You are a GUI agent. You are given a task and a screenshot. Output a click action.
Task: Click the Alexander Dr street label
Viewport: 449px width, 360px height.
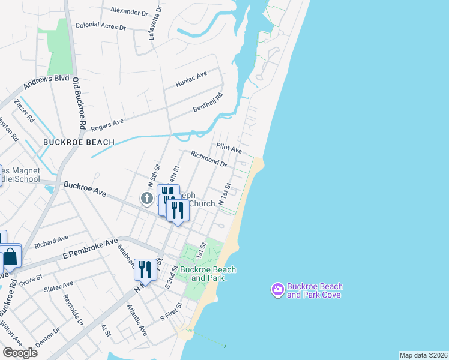[129, 11]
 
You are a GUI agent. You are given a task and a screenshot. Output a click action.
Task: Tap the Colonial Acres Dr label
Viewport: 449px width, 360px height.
[101, 26]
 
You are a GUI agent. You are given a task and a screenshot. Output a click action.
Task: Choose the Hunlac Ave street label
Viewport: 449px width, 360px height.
[191, 79]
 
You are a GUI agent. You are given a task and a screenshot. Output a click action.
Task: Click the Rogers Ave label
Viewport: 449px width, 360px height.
[107, 124]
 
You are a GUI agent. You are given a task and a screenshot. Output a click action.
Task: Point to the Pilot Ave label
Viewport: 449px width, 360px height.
[228, 148]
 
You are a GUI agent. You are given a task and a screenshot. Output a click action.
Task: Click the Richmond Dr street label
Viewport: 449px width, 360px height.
[208, 159]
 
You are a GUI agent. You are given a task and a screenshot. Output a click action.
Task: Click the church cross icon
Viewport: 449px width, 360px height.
[147, 198]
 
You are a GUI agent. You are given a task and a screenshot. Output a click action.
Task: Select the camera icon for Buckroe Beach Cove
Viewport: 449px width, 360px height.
[277, 290]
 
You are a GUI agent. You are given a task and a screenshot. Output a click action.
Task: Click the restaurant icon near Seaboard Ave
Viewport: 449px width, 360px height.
[145, 270]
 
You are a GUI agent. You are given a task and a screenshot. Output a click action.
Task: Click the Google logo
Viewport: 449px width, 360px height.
[19, 353]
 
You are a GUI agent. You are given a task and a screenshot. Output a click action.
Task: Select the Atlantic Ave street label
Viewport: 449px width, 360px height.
[137, 319]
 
